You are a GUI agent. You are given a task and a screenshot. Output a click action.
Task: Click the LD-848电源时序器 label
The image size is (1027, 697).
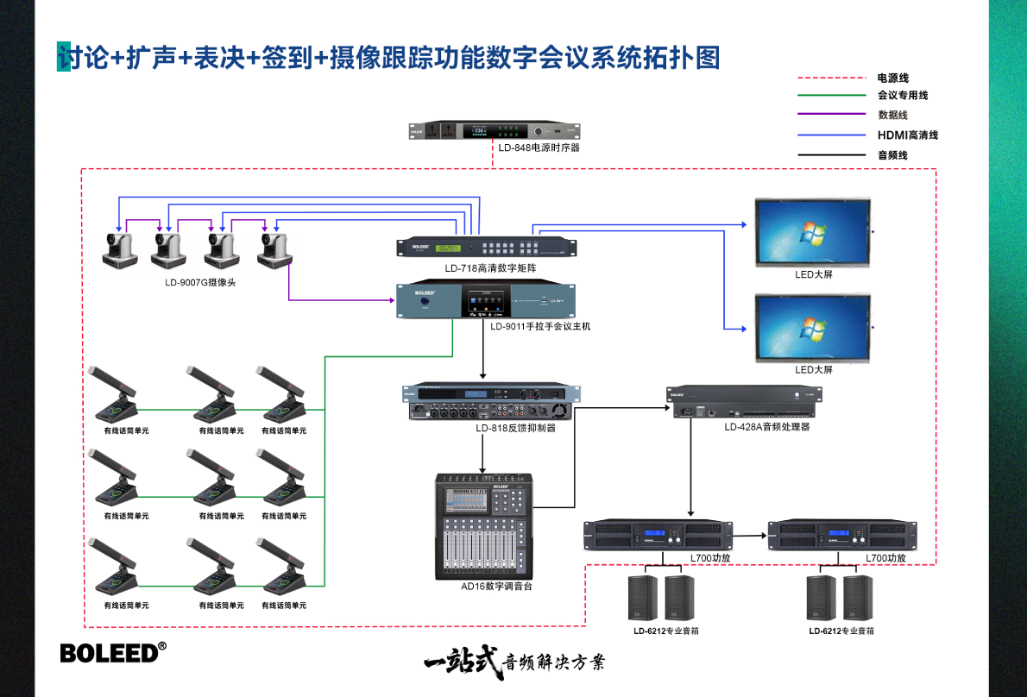[539, 148]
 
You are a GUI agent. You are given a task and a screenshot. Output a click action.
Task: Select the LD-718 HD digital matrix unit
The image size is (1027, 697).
[486, 247]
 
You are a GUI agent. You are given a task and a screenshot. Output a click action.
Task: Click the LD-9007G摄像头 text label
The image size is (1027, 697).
[200, 282]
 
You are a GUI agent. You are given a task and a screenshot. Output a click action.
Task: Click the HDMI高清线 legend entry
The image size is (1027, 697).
[907, 135]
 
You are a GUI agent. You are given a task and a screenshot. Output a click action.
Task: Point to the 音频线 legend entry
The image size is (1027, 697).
[892, 155]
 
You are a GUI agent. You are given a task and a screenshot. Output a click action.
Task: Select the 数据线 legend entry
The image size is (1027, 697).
[892, 115]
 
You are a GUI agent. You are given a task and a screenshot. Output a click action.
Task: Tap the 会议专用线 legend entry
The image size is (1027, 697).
[902, 96]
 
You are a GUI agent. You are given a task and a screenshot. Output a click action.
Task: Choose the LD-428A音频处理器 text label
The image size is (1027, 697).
[766, 427]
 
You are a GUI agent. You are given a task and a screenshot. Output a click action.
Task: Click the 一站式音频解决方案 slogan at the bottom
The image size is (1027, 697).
[514, 662]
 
